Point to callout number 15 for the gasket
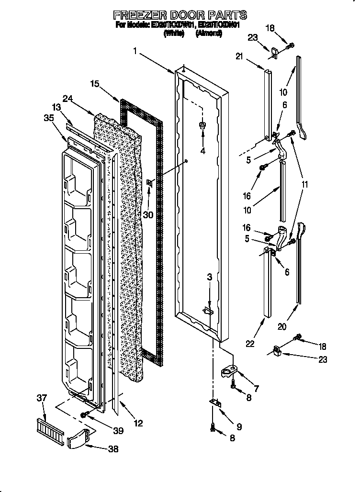point(95,84)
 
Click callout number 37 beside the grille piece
point(43,397)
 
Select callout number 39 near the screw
point(118,431)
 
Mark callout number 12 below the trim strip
point(138,423)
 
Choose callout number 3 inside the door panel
point(209,277)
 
